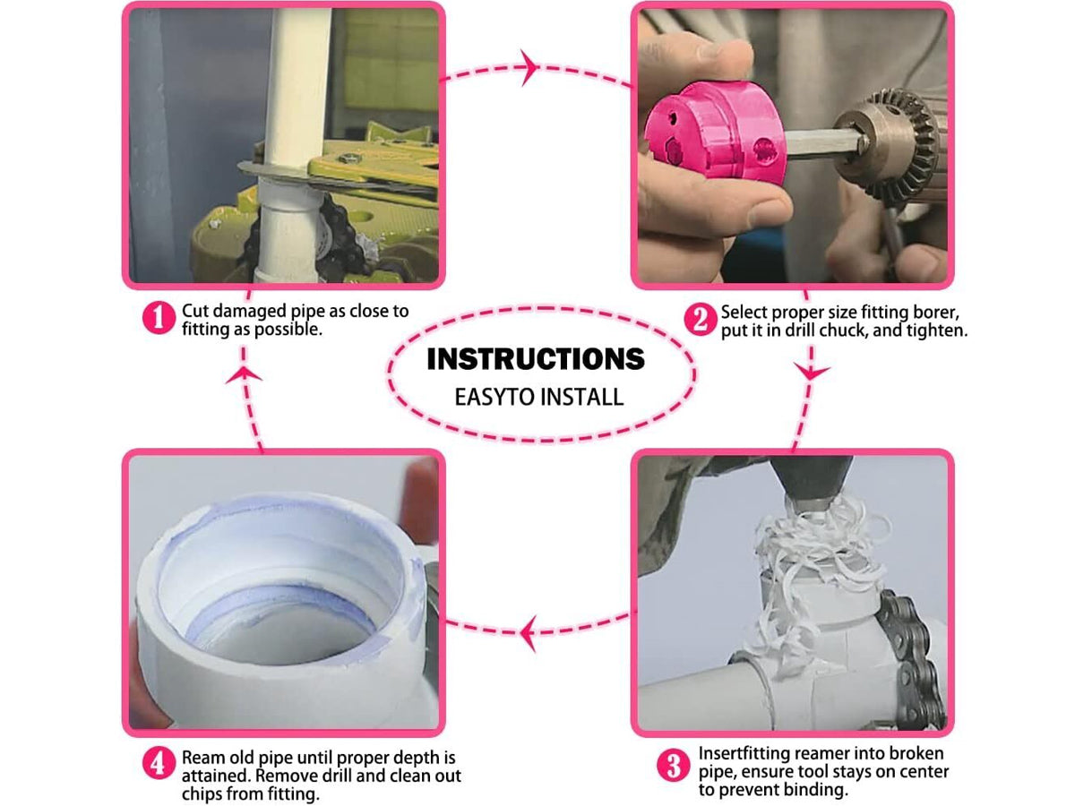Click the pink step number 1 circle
click(159, 318)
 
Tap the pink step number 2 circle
click(701, 319)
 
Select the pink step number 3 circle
click(674, 766)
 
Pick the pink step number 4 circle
click(159, 763)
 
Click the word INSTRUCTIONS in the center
click(536, 359)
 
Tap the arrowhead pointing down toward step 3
click(811, 372)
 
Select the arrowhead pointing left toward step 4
click(529, 634)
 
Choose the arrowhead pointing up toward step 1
click(244, 375)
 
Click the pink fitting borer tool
click(714, 133)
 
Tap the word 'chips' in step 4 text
click(203, 793)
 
